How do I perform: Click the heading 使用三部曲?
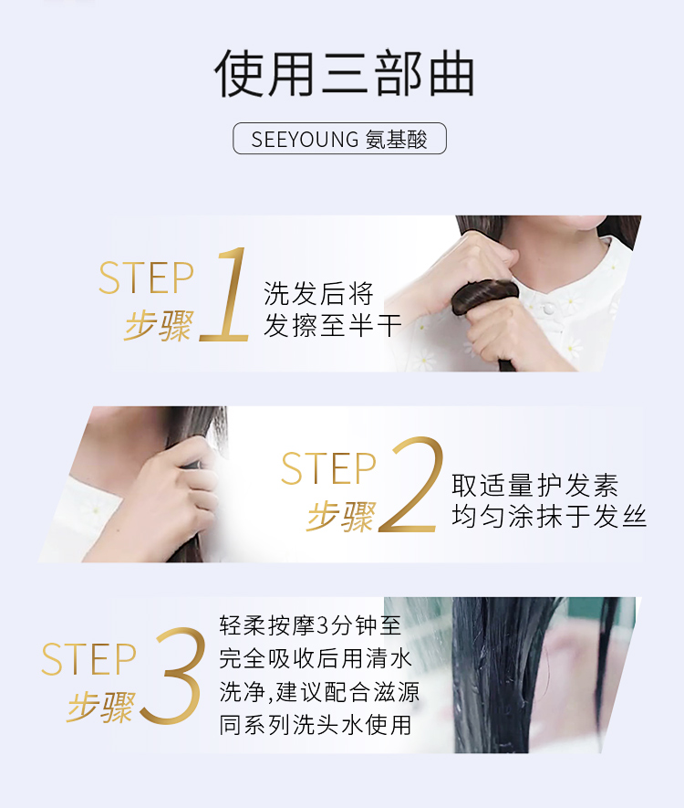point(344,73)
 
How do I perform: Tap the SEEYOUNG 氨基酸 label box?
point(339,138)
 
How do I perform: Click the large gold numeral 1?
point(225,294)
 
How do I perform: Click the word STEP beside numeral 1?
point(146,278)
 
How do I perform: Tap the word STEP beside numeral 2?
point(328,467)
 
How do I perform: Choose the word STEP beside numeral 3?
point(88,658)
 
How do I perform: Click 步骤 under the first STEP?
point(159,326)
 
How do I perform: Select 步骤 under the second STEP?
point(341,516)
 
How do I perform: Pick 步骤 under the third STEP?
point(101,706)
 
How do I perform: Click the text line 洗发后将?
point(318,294)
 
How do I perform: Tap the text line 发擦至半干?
point(333,326)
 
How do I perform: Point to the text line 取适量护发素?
point(534,485)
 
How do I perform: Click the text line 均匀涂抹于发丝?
point(549,517)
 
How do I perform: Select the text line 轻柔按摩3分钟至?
point(310,625)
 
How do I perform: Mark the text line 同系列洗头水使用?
point(315,725)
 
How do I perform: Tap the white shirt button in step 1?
point(549,309)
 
